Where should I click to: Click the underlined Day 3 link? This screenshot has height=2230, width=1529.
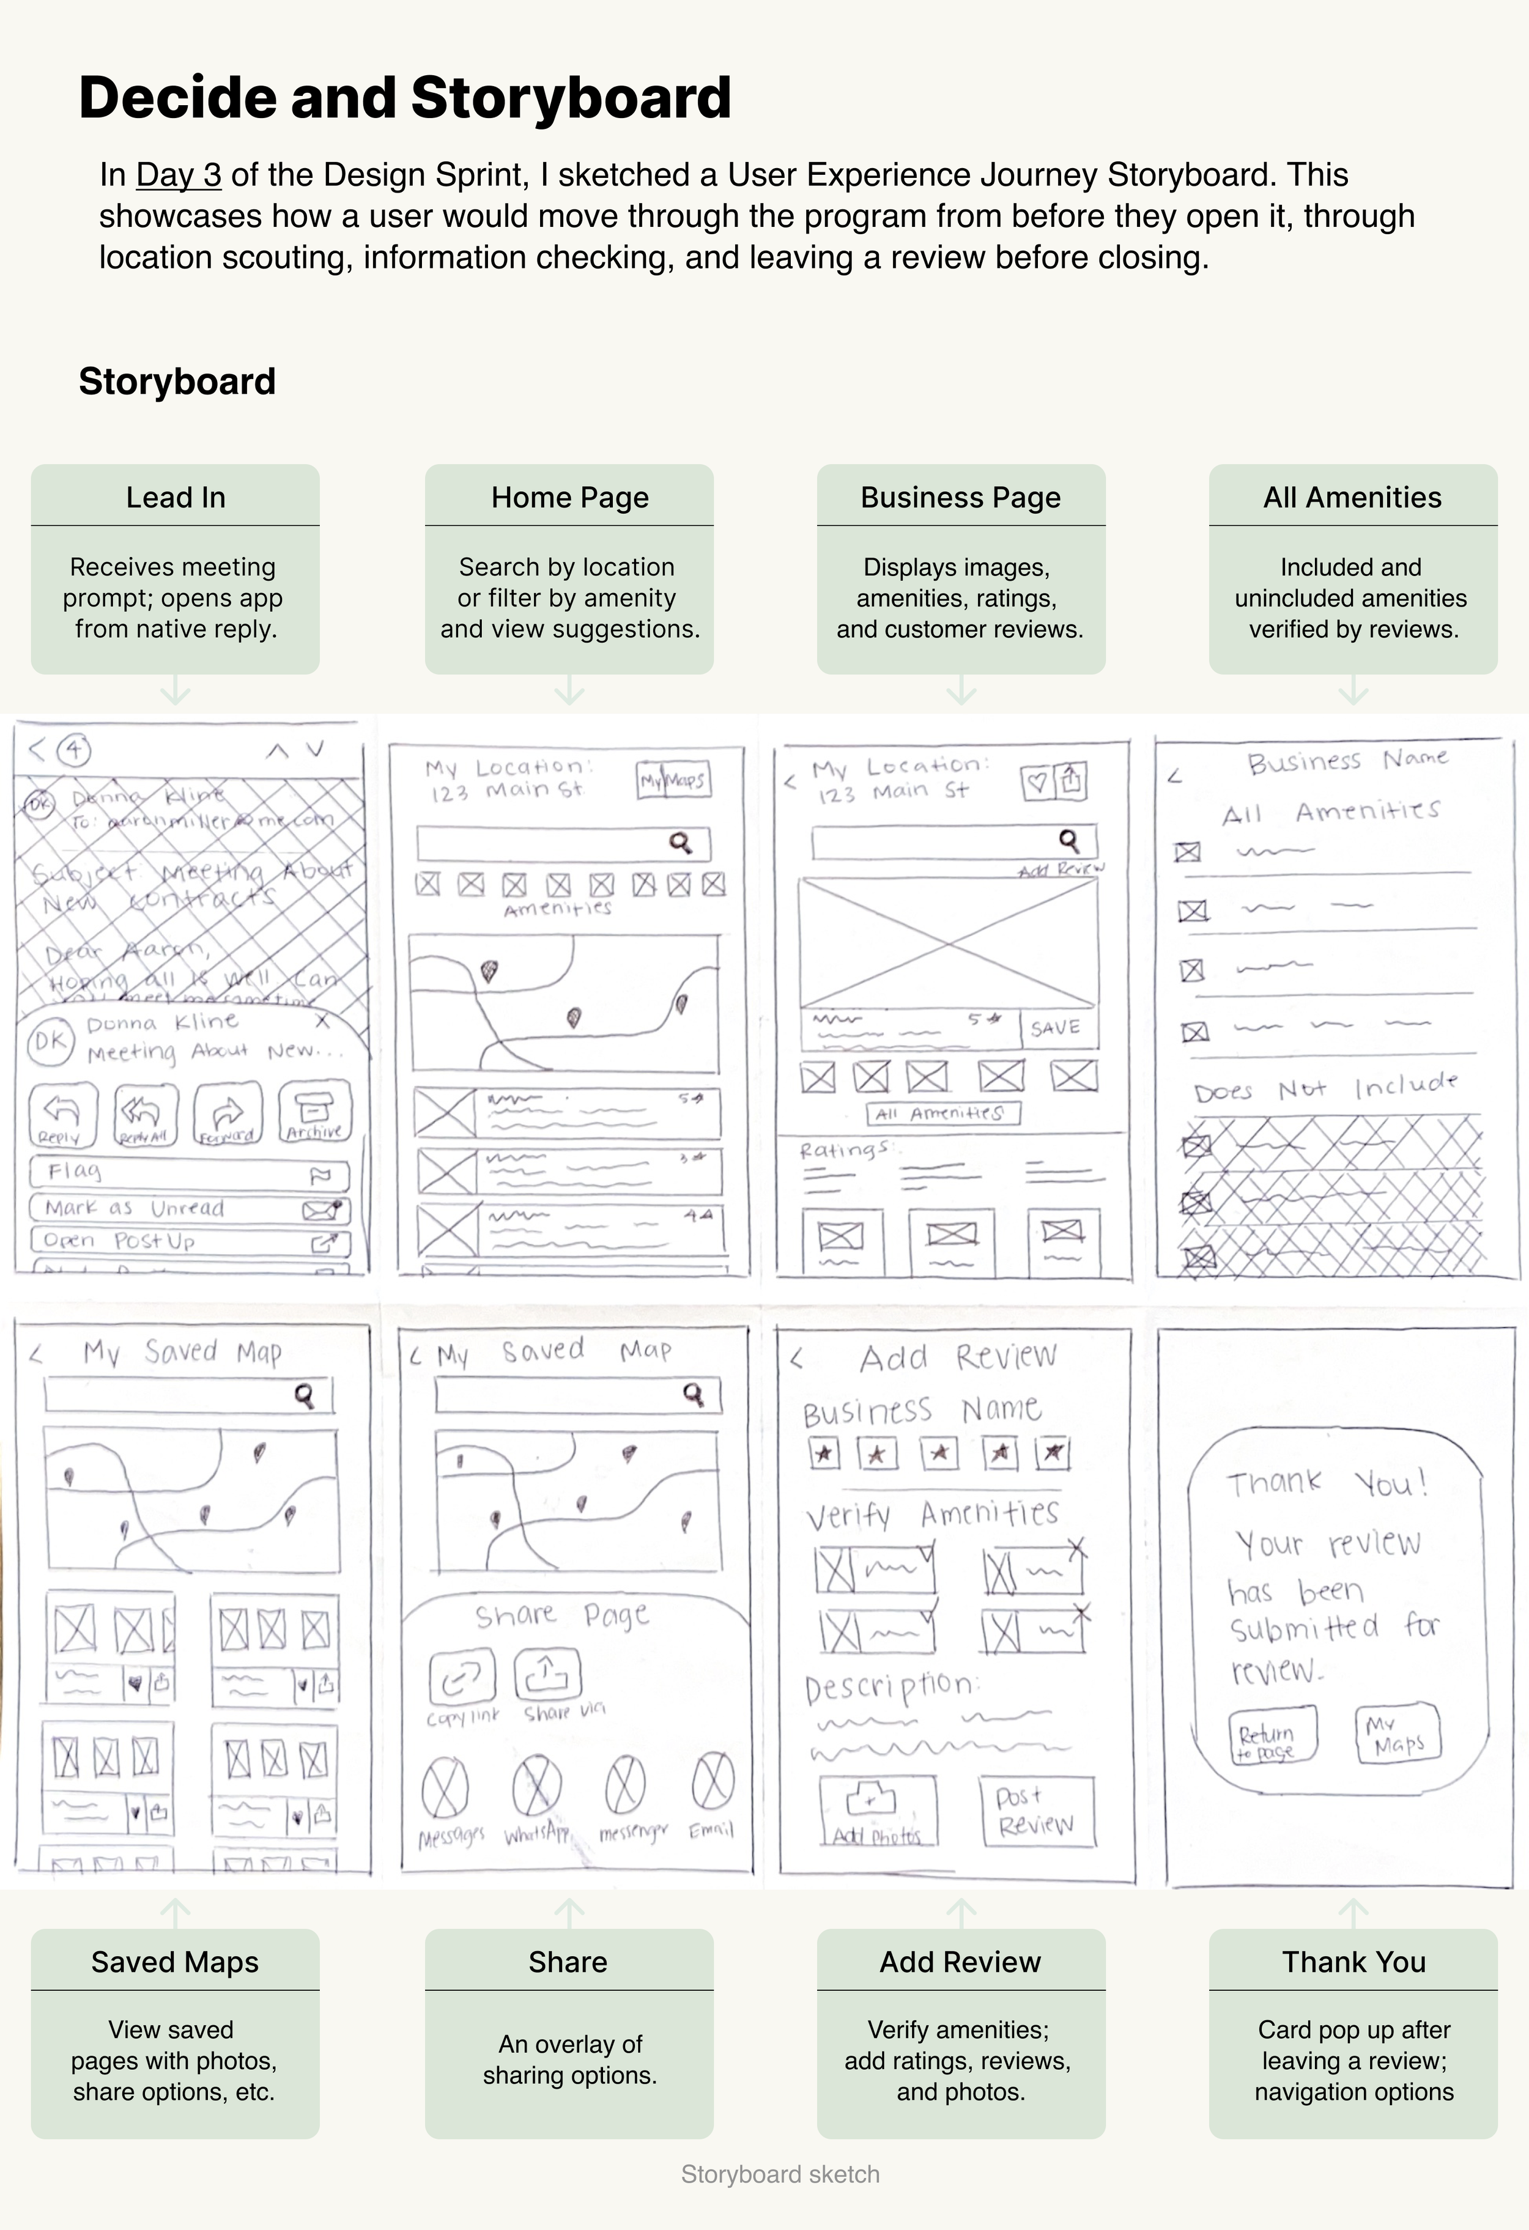[x=179, y=175]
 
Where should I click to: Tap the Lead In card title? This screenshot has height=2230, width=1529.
[x=176, y=497]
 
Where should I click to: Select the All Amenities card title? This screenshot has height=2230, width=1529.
[x=1352, y=497]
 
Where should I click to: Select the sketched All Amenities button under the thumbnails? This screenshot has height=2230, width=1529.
[x=942, y=1113]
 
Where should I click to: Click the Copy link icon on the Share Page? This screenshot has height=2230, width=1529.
[x=462, y=1675]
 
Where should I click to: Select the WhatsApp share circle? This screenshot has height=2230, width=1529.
[x=536, y=1785]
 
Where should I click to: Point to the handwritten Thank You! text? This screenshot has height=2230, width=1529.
[x=1327, y=1483]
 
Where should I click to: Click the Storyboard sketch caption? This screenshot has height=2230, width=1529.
[x=780, y=2174]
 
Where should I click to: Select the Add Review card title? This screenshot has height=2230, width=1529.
[x=961, y=1962]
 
